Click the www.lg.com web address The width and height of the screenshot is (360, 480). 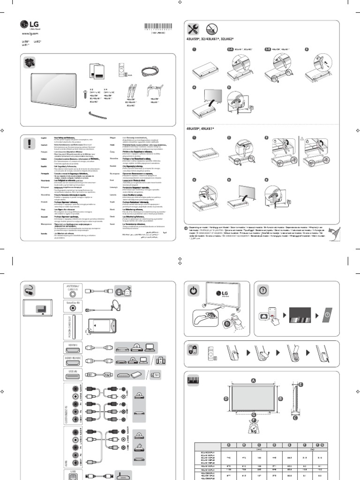click(30, 34)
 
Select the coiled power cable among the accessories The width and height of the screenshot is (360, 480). click(150, 70)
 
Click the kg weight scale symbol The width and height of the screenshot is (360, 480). click(254, 427)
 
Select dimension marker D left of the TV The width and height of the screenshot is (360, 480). click(226, 398)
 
